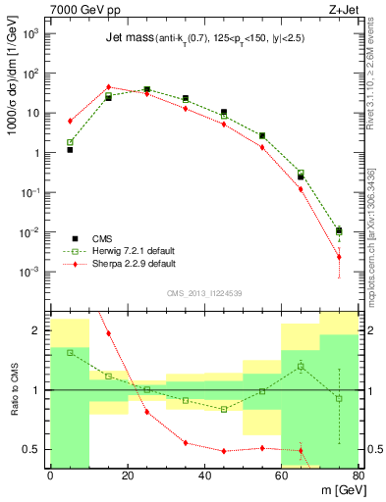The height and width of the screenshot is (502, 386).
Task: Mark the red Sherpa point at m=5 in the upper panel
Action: (70, 121)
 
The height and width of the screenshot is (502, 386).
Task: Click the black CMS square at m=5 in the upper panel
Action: (70, 150)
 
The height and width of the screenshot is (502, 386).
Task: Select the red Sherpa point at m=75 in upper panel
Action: (339, 257)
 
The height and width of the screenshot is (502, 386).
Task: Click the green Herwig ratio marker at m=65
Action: (301, 366)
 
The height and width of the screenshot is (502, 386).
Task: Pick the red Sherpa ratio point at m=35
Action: (185, 443)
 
